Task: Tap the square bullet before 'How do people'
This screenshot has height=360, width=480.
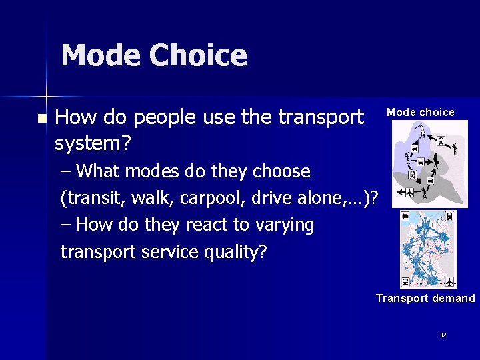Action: (x=42, y=119)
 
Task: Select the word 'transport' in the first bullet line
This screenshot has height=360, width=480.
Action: (x=321, y=117)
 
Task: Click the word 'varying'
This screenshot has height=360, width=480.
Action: (x=281, y=225)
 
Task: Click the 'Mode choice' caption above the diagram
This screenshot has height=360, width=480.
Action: (x=421, y=112)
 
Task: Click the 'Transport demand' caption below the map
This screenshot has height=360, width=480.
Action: (x=425, y=298)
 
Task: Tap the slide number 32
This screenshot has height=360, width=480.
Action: (x=443, y=335)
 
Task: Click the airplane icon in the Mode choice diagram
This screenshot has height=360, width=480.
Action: (x=409, y=193)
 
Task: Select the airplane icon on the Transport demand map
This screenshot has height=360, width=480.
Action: (x=449, y=281)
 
